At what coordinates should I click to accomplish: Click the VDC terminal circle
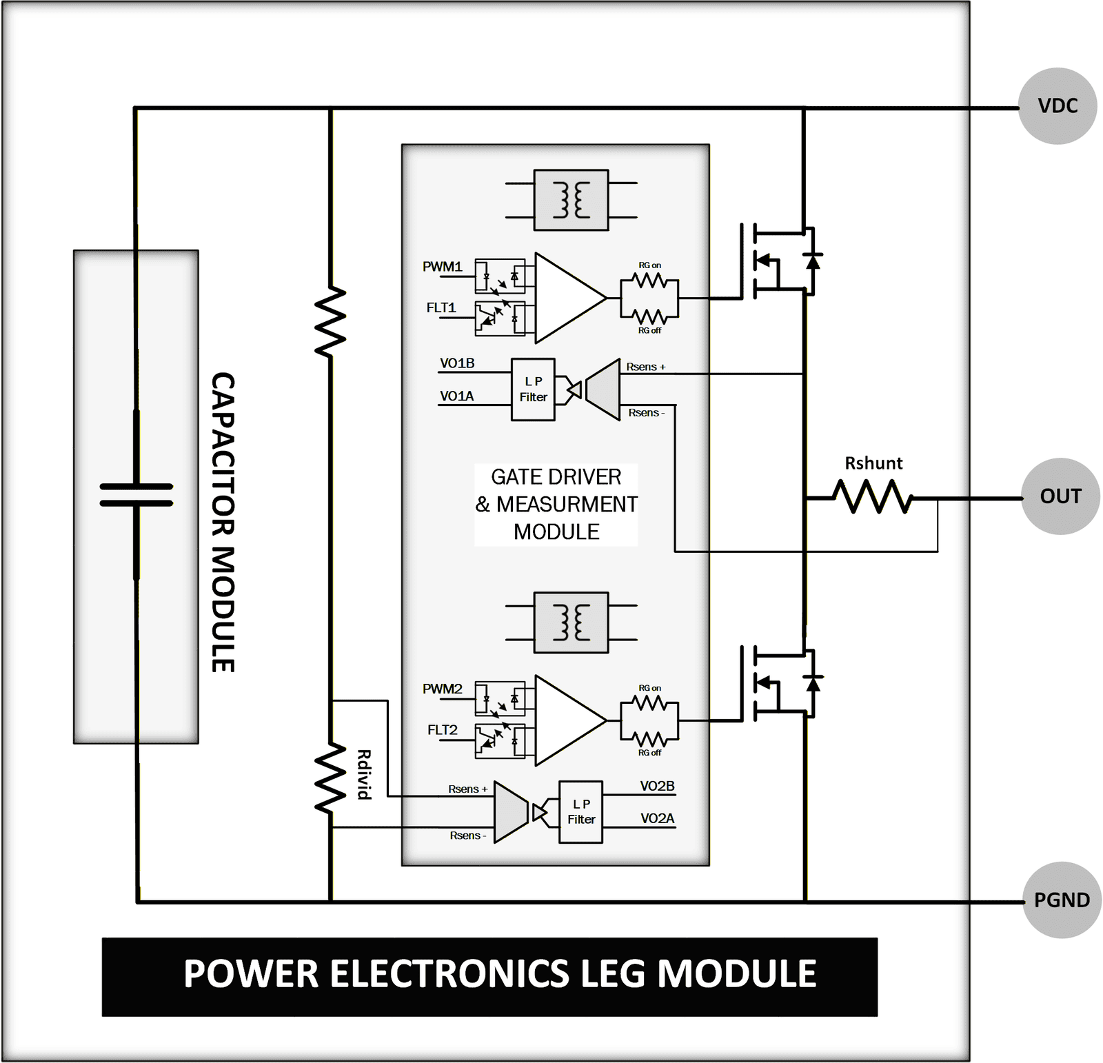coord(1058,106)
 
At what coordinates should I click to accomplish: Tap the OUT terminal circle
coord(1060,496)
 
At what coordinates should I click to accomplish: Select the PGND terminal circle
coord(1062,900)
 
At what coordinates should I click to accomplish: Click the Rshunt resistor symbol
coord(873,497)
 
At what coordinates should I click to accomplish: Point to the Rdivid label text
coord(364,774)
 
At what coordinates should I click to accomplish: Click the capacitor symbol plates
coord(136,495)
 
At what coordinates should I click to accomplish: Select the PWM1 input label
coord(442,267)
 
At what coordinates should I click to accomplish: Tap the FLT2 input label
coord(442,729)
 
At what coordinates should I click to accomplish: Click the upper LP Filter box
coord(533,389)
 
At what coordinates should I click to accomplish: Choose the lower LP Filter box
coord(580,812)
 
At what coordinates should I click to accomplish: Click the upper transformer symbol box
coord(571,200)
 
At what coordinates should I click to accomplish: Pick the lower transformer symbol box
coord(571,622)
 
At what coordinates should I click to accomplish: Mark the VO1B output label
coord(457,363)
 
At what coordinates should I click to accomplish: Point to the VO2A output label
coord(657,818)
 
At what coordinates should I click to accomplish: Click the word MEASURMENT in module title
coord(567,505)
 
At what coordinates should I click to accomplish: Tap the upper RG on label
coord(649,265)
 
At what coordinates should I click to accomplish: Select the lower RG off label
coord(649,753)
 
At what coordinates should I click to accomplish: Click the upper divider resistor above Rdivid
coord(330,322)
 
